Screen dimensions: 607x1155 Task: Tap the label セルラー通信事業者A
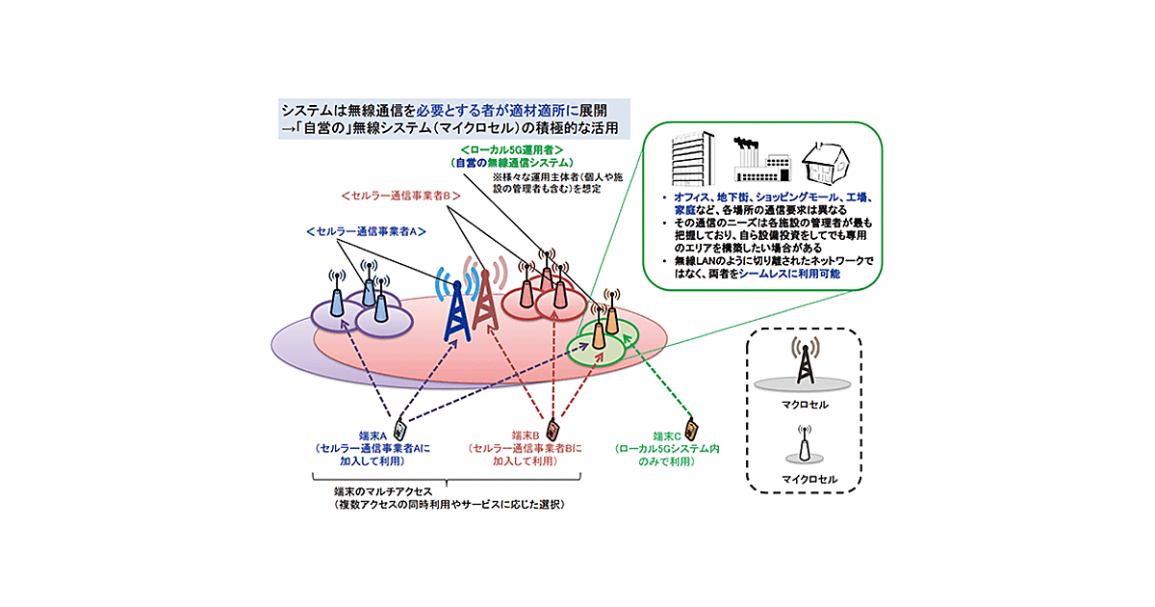point(366,232)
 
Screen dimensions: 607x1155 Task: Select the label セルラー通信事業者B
point(403,196)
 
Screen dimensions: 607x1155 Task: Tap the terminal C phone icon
point(690,426)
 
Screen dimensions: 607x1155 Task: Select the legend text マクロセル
point(806,406)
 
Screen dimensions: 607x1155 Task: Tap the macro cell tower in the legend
point(805,361)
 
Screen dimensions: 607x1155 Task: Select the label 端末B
point(525,436)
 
